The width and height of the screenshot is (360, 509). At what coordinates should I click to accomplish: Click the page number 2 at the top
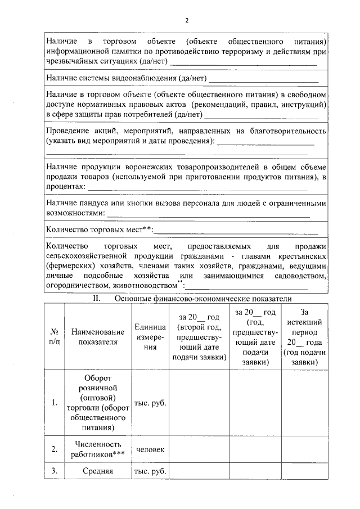click(x=186, y=20)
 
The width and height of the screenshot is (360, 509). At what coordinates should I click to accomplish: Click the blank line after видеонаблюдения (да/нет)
click(x=263, y=78)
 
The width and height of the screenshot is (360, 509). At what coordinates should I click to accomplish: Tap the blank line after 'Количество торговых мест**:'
click(x=236, y=231)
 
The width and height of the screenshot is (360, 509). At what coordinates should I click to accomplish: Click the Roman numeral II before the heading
click(x=96, y=298)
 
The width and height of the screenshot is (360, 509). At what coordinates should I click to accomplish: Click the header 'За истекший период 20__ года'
click(x=305, y=336)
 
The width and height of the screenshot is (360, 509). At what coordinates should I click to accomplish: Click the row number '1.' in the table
click(x=53, y=403)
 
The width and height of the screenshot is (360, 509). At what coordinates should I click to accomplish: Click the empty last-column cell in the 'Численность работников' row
click(x=305, y=449)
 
